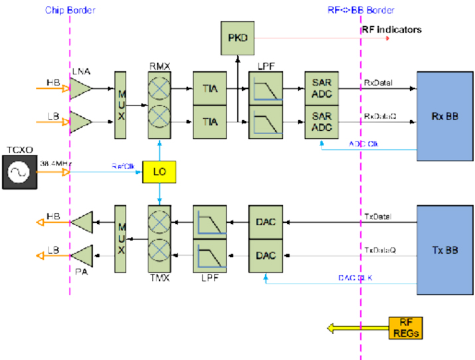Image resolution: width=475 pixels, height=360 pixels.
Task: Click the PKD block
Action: point(237,38)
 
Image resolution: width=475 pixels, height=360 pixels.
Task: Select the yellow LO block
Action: point(159,172)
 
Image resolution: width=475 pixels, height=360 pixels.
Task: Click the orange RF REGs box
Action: point(406,327)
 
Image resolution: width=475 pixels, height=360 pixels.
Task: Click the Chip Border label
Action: point(70,10)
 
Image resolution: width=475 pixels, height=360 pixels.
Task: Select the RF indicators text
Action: point(391,30)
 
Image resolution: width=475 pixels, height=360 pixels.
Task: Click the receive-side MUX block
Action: point(120,105)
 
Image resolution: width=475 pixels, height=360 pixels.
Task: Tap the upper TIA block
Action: point(210,89)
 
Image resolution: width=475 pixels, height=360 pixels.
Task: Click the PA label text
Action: point(82,271)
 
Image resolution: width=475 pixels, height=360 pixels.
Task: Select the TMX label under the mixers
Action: point(159,278)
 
